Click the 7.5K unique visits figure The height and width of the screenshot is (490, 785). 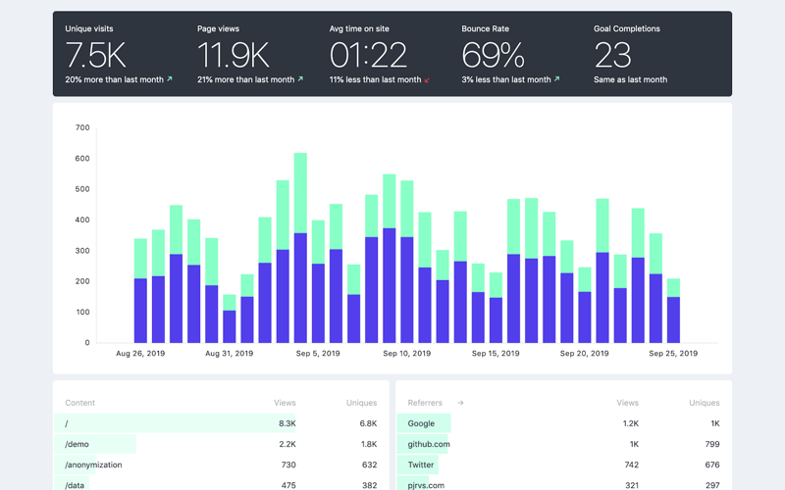(95, 56)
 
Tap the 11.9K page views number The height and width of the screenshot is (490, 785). (233, 56)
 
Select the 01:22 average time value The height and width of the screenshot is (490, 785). (368, 56)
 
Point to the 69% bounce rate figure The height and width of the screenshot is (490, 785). (493, 56)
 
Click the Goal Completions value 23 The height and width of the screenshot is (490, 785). (612, 56)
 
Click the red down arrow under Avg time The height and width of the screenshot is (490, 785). (428, 80)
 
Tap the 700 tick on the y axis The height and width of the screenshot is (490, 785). (81, 127)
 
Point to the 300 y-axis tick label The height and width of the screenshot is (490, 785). (81, 251)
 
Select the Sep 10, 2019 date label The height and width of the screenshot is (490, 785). (406, 354)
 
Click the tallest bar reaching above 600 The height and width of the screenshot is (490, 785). (300, 245)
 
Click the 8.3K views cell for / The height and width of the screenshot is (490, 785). (287, 423)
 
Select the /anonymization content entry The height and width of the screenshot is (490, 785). (93, 465)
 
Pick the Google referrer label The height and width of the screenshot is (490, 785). (421, 423)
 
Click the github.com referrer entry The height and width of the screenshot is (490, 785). (429, 444)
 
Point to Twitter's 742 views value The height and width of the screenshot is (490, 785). (627, 465)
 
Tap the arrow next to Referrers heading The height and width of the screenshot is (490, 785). (460, 403)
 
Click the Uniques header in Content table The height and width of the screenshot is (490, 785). (361, 403)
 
